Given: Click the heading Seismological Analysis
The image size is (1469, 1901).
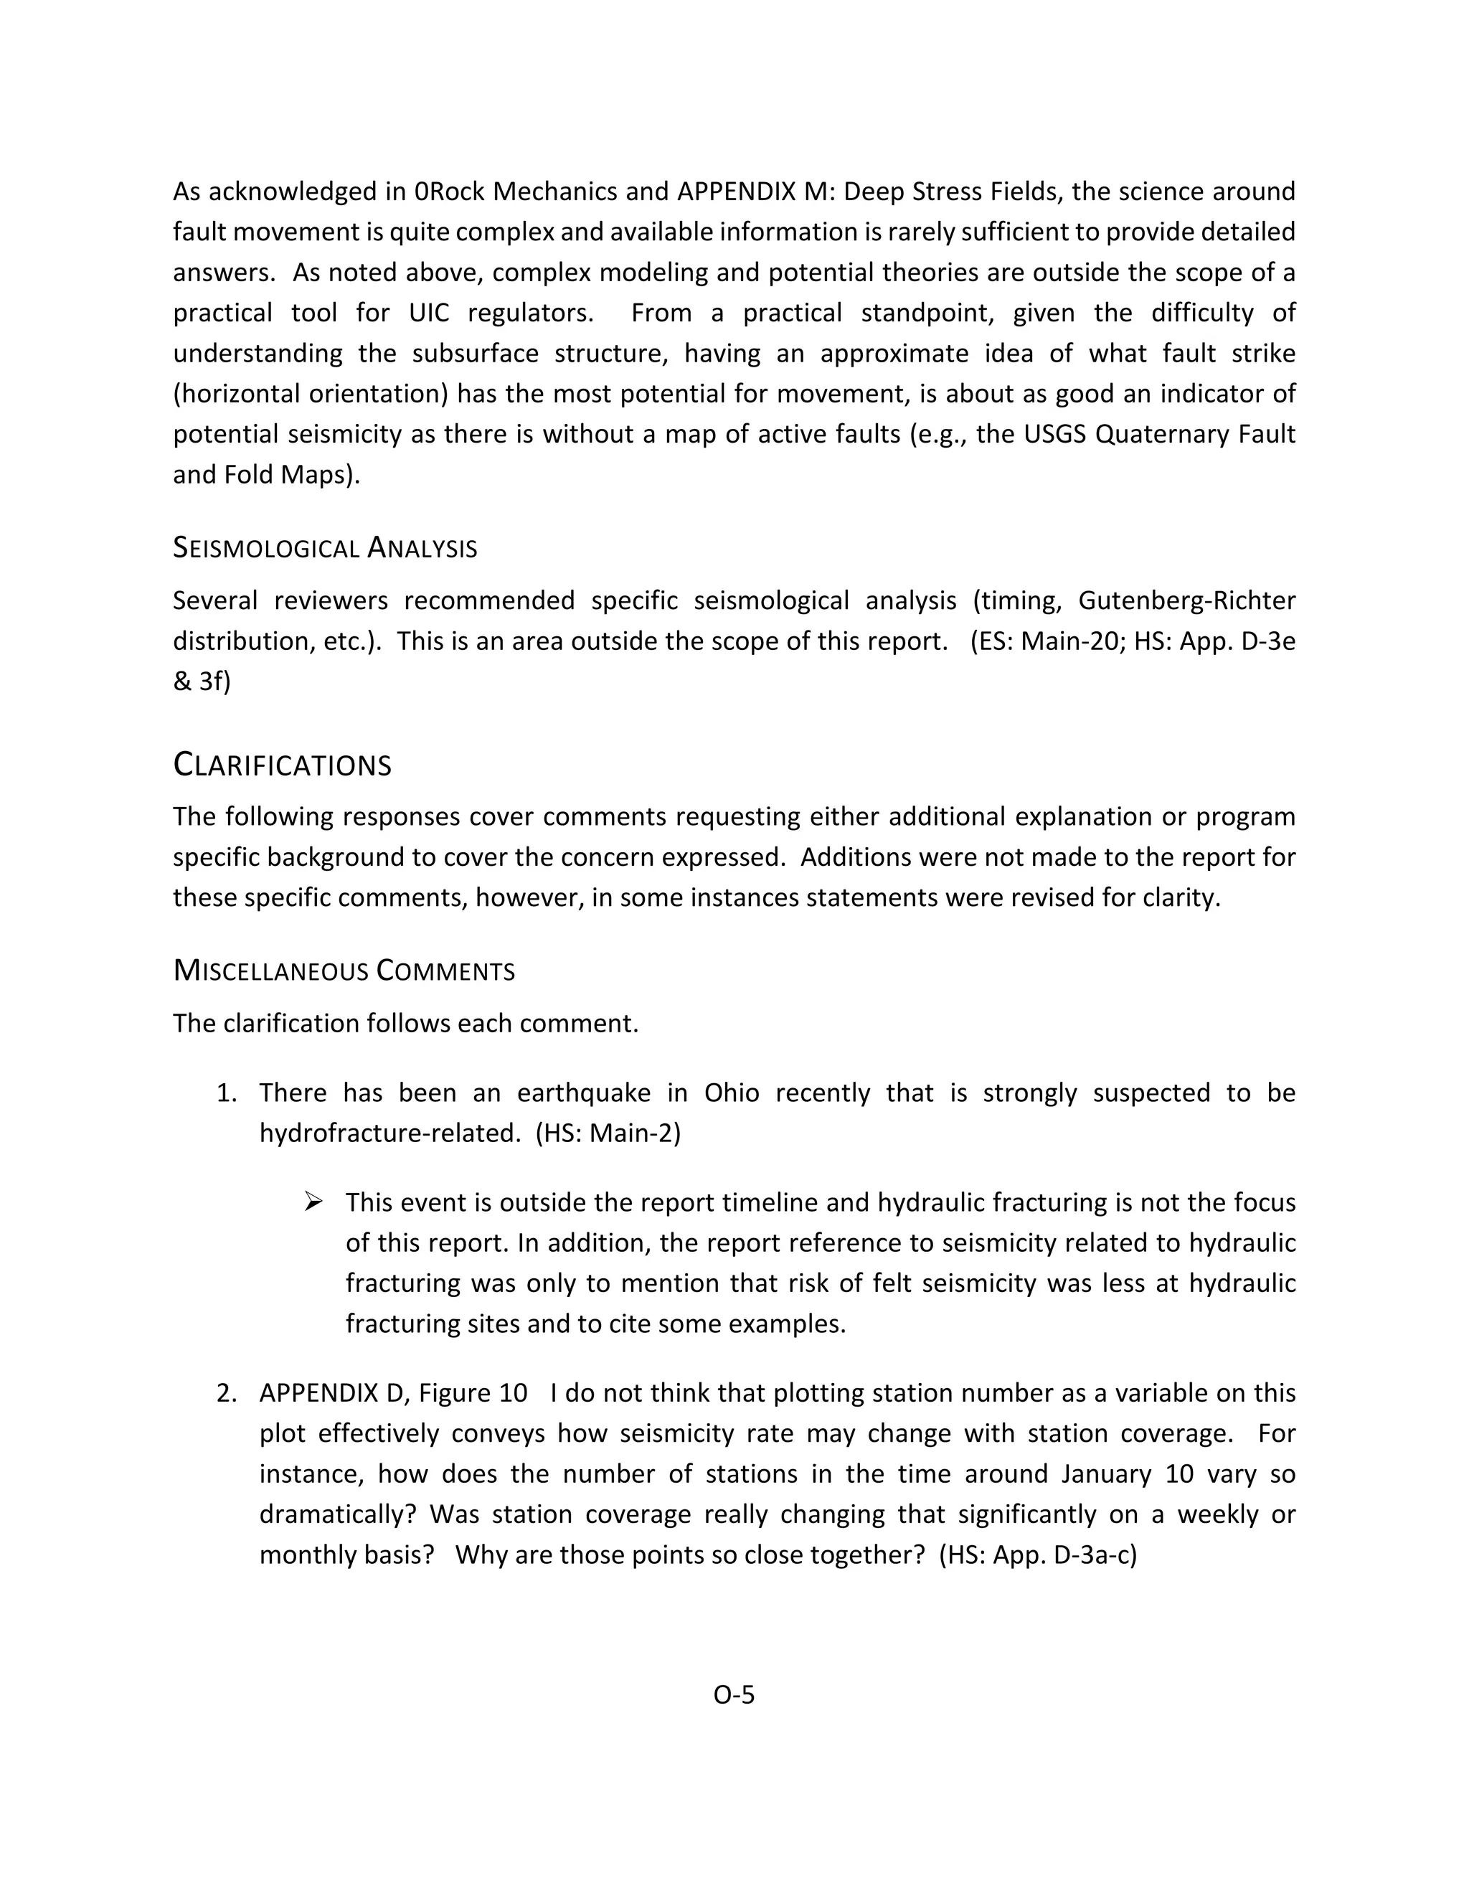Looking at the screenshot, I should pos(325,548).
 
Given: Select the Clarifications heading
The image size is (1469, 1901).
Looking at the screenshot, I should pos(282,765).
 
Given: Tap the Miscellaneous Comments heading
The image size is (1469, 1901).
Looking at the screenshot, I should pos(344,971).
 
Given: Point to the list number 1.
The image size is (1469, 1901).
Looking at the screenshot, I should pos(225,1093).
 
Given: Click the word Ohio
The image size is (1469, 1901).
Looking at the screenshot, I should pos(731,1093).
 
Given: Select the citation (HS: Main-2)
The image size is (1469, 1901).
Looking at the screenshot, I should pos(608,1133).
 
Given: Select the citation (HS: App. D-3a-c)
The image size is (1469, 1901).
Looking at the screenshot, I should pos(1037,1555).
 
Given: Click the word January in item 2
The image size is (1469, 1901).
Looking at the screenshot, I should pos(1106,1474).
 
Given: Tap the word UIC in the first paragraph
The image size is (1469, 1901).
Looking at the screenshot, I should pos(429,313).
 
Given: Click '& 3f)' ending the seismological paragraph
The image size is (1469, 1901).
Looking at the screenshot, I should pos(202,681).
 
